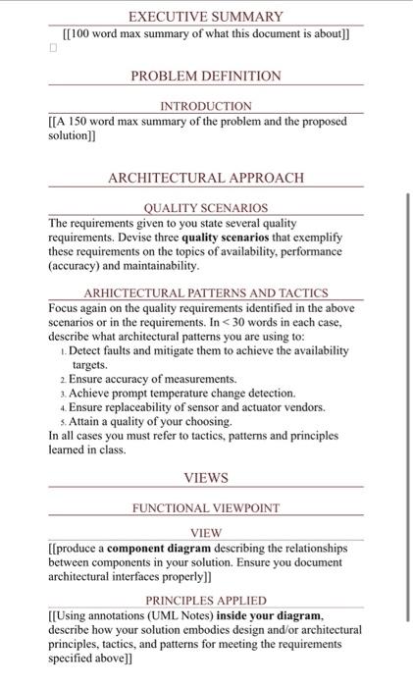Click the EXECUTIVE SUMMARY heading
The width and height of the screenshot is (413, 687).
[x=206, y=17]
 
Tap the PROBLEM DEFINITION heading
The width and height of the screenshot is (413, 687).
[x=206, y=76]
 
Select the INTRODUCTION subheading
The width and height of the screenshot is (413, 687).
[x=206, y=105]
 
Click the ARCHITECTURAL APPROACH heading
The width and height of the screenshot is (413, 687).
[x=206, y=178]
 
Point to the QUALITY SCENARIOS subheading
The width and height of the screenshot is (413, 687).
[x=206, y=208]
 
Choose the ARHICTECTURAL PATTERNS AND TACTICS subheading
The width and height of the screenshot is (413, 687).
[x=206, y=292]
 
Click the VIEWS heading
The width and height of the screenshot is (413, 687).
[x=206, y=478]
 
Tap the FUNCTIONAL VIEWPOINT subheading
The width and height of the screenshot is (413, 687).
[x=206, y=508]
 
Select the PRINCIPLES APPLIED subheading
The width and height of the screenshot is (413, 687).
[x=206, y=600]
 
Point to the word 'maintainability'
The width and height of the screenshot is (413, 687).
[x=155, y=265]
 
